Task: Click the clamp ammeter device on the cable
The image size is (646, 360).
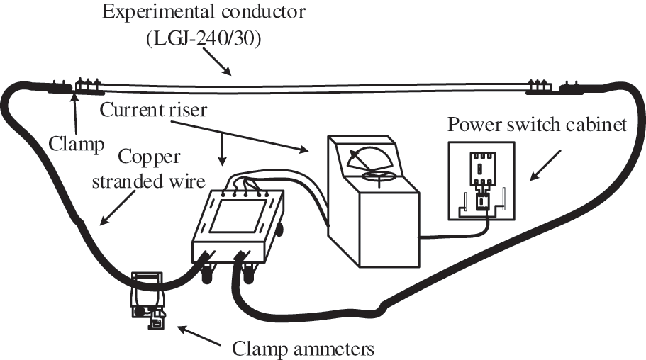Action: (147, 298)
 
